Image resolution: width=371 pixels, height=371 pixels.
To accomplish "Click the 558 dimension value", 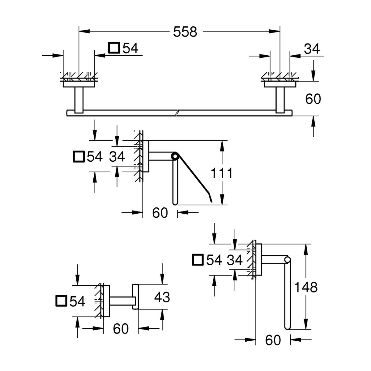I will coord(185,32).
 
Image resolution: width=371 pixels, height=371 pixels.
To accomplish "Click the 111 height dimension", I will coord(221,173).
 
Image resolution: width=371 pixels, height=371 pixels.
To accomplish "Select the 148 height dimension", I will coord(305,287).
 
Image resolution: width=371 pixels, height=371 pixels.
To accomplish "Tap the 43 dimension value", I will coord(162,297).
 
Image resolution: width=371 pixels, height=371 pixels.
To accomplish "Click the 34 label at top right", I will coord(312,49).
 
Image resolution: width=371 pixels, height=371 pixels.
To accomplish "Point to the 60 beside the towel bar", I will coord(313,99).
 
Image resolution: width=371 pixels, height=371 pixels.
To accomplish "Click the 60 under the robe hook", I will coord(121,329).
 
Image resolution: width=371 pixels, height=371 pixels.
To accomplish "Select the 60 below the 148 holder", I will coord(273,340).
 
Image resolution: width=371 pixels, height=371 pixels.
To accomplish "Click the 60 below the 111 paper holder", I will coord(160,213).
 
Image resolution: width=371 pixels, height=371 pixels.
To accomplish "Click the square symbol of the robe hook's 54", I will coord(61,301).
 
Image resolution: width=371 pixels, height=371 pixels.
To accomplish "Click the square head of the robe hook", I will coord(135,297).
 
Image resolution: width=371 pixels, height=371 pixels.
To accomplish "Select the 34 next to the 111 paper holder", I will coord(117,157).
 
